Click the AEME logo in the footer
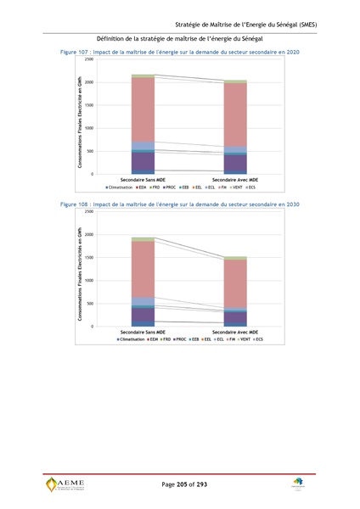(65, 484)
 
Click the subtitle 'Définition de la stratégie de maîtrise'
(179, 40)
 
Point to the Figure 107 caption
(179, 53)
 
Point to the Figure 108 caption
(179, 205)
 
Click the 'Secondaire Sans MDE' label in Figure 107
(143, 180)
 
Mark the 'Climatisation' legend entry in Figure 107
(124, 187)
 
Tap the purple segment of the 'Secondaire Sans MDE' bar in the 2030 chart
(143, 315)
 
